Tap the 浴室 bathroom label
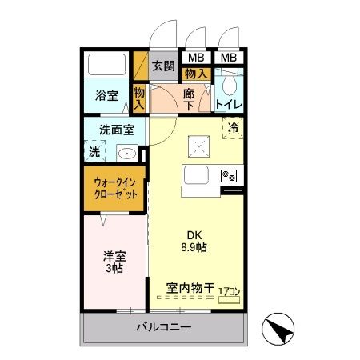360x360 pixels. (106, 96)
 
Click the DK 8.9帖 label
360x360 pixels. (196, 241)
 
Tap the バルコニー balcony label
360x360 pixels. (162, 327)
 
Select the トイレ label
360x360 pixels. (229, 104)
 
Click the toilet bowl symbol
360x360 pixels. (229, 82)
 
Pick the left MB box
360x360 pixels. (196, 58)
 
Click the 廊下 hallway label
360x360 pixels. (189, 99)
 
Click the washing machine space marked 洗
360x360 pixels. (94, 150)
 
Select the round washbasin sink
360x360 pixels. (126, 153)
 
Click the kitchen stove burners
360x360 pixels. (228, 175)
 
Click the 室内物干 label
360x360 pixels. (190, 287)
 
